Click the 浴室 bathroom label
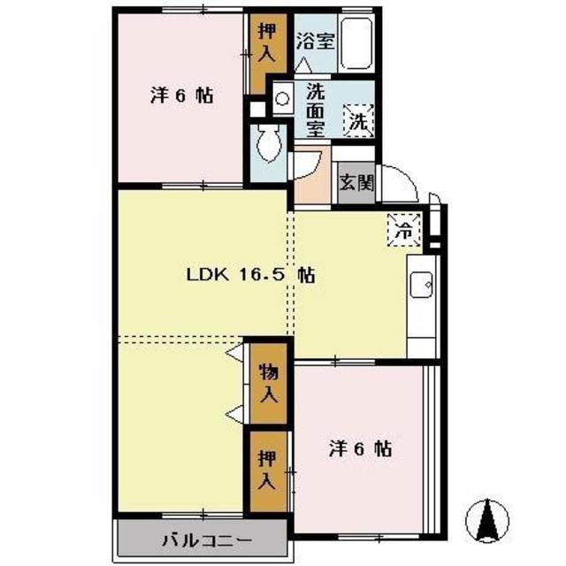click(x=315, y=42)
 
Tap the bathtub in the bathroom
click(x=356, y=43)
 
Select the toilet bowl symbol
click(x=269, y=143)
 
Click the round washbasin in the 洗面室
click(x=282, y=98)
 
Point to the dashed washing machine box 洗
click(x=358, y=120)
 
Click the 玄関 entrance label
click(x=356, y=183)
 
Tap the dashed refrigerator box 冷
click(x=404, y=230)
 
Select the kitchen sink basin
click(x=421, y=285)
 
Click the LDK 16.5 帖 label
click(x=251, y=275)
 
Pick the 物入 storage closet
click(x=269, y=383)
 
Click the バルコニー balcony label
click(x=207, y=540)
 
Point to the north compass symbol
click(x=487, y=521)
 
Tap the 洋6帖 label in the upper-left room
click(x=181, y=96)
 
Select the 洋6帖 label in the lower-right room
click(x=360, y=449)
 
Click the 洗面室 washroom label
click(x=316, y=111)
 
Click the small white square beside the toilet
click(x=257, y=110)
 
